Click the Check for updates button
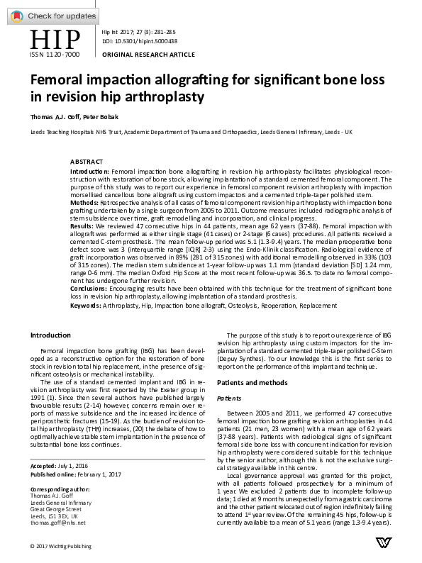53,16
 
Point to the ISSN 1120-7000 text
54,55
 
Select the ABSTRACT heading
86,162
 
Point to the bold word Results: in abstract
84,225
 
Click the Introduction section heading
50,335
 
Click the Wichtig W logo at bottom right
383,543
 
